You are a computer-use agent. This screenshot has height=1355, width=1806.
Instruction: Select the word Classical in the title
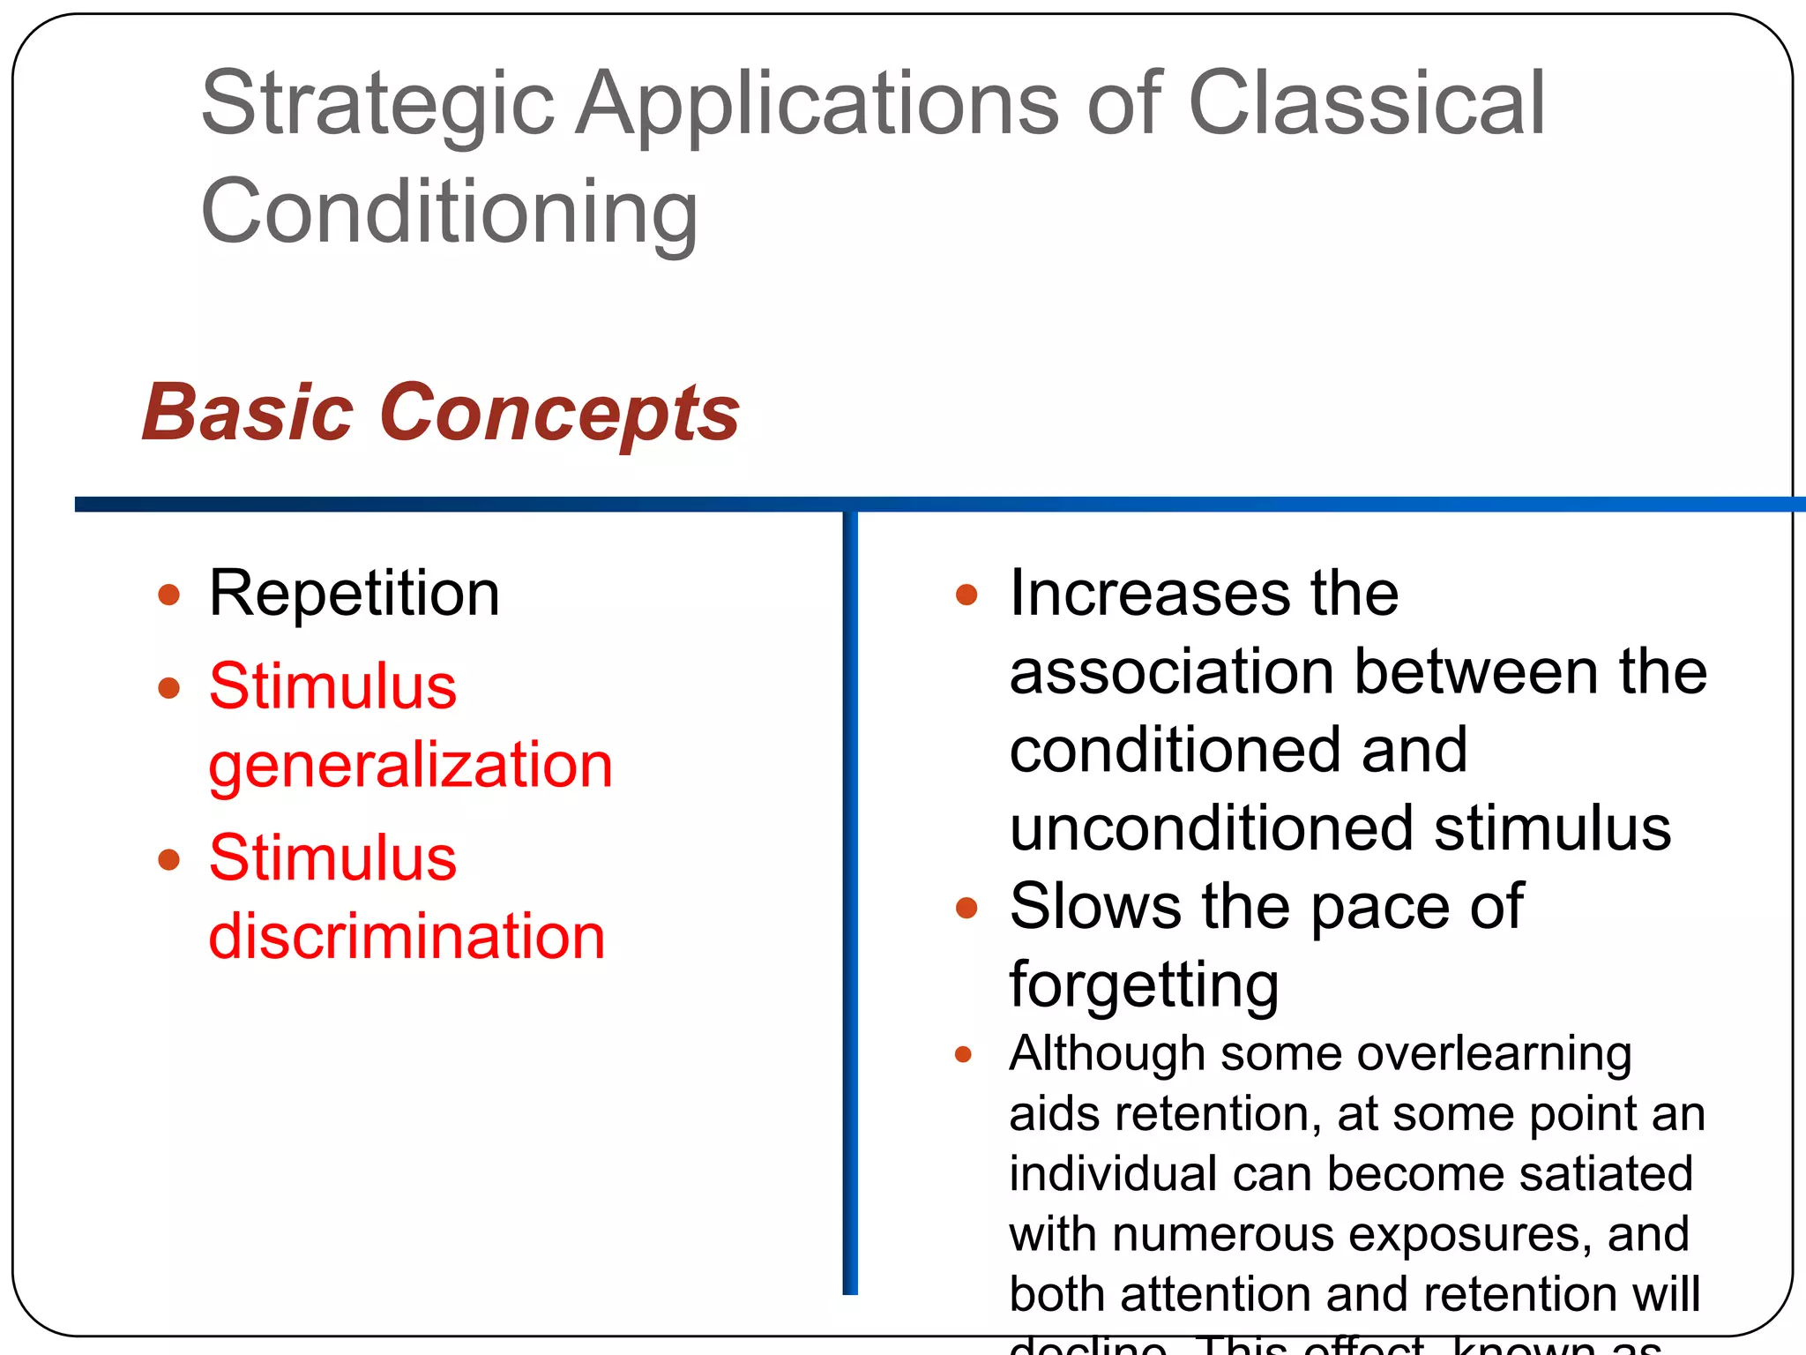click(x=1366, y=104)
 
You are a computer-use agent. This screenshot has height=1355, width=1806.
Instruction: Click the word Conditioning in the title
click(x=450, y=212)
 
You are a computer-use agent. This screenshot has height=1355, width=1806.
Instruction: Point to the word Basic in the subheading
click(x=248, y=413)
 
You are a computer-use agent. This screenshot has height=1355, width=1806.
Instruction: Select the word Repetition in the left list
click(x=354, y=593)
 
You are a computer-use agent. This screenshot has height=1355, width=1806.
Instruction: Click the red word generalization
click(x=410, y=764)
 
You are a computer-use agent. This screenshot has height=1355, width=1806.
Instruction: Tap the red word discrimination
click(x=407, y=935)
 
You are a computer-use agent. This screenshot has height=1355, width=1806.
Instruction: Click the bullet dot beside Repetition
click(x=168, y=595)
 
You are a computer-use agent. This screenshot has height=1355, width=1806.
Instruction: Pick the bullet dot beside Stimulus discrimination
click(x=168, y=859)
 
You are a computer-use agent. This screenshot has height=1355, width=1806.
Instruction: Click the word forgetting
click(x=1143, y=984)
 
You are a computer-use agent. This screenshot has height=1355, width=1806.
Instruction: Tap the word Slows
click(x=1094, y=906)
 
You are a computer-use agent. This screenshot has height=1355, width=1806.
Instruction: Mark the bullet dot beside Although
click(x=963, y=1054)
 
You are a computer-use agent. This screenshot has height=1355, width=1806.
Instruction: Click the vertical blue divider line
click(x=850, y=900)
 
